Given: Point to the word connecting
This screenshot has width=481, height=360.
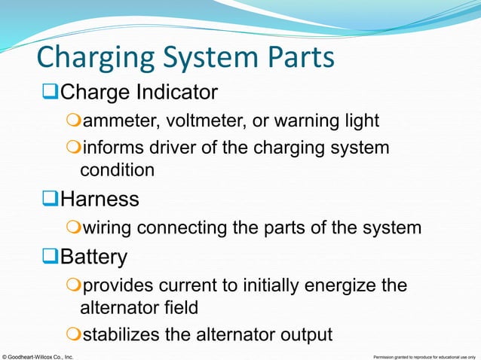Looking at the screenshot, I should [x=186, y=227].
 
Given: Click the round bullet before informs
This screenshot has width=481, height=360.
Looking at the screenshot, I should [x=73, y=148].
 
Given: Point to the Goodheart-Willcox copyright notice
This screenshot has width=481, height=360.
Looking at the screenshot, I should [x=38, y=355].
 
